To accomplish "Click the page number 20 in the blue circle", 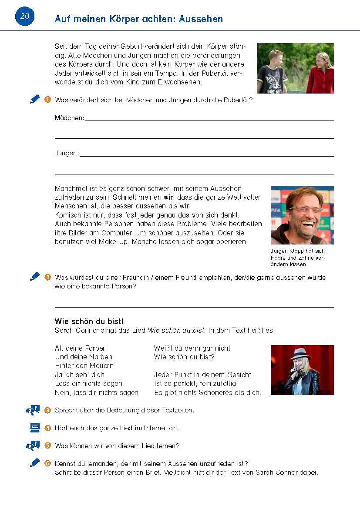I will [x=25, y=17].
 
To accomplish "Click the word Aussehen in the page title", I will [x=201, y=19].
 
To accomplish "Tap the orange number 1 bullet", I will [x=47, y=100].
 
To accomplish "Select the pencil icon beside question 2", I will [x=35, y=277].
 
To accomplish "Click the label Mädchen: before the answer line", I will [x=69, y=118].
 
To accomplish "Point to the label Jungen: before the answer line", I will [x=67, y=153].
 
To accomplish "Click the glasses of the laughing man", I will [x=305, y=209].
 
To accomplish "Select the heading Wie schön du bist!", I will [x=89, y=321].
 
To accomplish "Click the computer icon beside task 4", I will [x=35, y=428].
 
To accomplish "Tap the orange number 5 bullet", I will [x=47, y=445].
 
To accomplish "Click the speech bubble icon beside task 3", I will [x=33, y=410].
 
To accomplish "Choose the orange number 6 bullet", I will [x=47, y=463].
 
